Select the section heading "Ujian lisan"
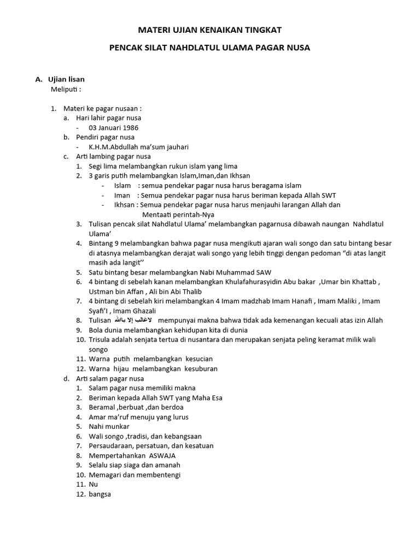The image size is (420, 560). coord(66,79)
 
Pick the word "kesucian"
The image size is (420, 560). coord(194,359)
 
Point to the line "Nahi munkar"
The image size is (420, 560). coord(109,426)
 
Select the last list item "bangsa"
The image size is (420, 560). coord(100,494)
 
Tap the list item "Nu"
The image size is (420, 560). coord(93,484)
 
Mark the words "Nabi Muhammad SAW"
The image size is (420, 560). coord(238,272)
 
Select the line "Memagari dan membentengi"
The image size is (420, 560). coord(135,474)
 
